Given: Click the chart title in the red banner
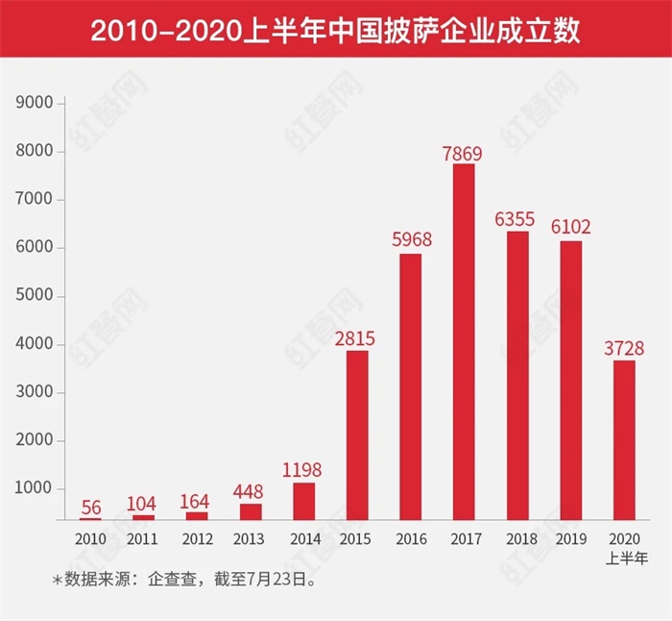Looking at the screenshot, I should point(335,31).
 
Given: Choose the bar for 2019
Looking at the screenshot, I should point(570,380).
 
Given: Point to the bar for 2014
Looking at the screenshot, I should point(303,500).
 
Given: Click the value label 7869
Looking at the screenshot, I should point(463,153).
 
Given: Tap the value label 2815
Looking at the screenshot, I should point(356,338).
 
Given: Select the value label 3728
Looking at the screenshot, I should point(624,348).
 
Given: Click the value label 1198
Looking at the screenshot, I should point(303,470).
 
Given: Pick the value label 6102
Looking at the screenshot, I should point(570,228).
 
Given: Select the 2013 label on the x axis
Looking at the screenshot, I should point(250,538).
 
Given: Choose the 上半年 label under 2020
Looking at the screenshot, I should point(624,556).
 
